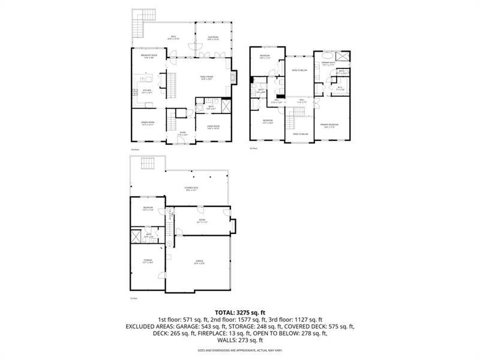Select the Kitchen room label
(x=146, y=91)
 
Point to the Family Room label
(x=207, y=78)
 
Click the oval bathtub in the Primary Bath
(x=342, y=57)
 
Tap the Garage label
(x=200, y=262)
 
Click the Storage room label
(x=148, y=261)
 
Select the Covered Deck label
(x=191, y=188)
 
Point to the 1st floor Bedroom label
(x=148, y=209)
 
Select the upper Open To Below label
(x=299, y=70)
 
